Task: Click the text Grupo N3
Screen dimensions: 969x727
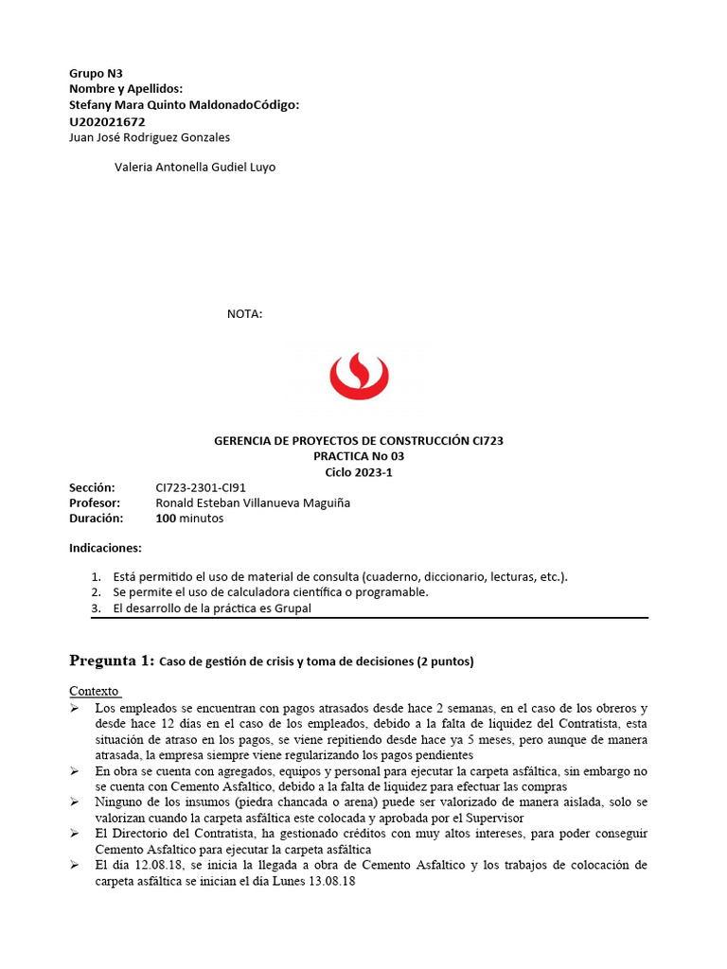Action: [x=96, y=73]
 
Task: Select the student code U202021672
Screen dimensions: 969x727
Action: [x=107, y=121]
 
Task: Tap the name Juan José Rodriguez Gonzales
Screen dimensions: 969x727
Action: [x=150, y=137]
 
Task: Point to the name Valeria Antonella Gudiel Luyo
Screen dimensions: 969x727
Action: [x=195, y=167]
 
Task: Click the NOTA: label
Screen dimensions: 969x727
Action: [x=244, y=314]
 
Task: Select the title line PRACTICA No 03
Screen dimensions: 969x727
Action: [x=364, y=456]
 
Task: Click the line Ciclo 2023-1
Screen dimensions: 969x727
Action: [x=364, y=472]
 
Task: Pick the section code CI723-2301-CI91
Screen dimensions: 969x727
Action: [x=201, y=487]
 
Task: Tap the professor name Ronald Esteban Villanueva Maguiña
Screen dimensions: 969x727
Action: [x=253, y=503]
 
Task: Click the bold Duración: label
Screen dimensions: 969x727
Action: [x=97, y=519]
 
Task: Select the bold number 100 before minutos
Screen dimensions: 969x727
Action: [x=167, y=519]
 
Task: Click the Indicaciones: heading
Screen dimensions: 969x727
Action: [x=105, y=548]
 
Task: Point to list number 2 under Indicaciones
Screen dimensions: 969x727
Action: [x=96, y=592]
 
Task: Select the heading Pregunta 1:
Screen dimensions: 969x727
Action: [x=111, y=661]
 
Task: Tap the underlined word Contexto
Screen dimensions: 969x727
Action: [x=94, y=692]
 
